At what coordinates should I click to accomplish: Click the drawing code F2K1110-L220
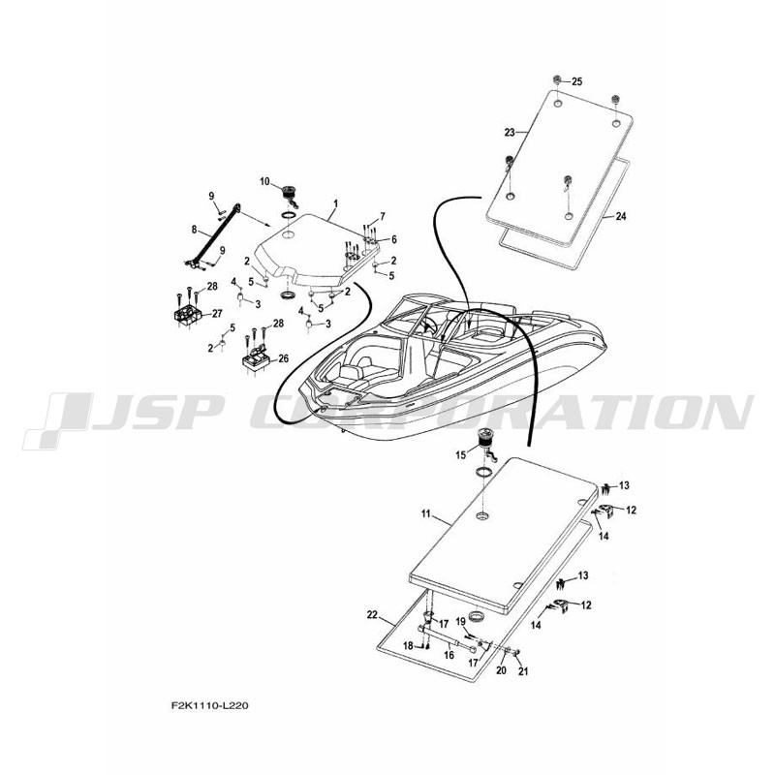[209, 706]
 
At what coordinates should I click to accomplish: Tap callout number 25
[576, 81]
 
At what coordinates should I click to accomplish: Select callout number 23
[510, 133]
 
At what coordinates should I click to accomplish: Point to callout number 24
[620, 216]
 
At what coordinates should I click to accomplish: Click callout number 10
[264, 182]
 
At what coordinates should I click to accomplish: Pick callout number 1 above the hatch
[336, 203]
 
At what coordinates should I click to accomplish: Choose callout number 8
[195, 230]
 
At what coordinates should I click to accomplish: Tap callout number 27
[217, 313]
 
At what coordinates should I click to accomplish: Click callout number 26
[283, 358]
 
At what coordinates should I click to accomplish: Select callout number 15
[461, 455]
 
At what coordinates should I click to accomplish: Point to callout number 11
[426, 514]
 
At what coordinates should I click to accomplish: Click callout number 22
[372, 615]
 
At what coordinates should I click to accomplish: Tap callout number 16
[449, 656]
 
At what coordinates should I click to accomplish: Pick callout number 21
[522, 671]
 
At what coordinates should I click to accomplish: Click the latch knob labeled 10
[290, 195]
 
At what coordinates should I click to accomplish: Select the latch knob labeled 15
[483, 443]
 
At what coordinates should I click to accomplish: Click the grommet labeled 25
[557, 80]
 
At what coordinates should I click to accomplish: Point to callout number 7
[382, 216]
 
